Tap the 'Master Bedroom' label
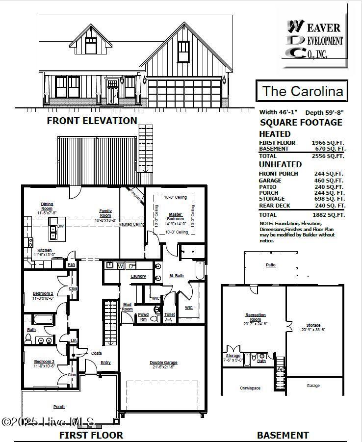coord(175,216)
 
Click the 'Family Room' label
coord(105,213)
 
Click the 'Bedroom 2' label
coord(43,296)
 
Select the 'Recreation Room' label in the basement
coord(255,317)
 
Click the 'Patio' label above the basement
coord(271,265)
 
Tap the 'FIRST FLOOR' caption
coord(91,435)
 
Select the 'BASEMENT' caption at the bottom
coord(283,435)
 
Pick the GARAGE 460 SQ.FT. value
coord(329,181)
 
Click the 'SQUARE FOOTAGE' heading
coord(301,123)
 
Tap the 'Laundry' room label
coord(138,276)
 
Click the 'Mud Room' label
coord(127,307)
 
